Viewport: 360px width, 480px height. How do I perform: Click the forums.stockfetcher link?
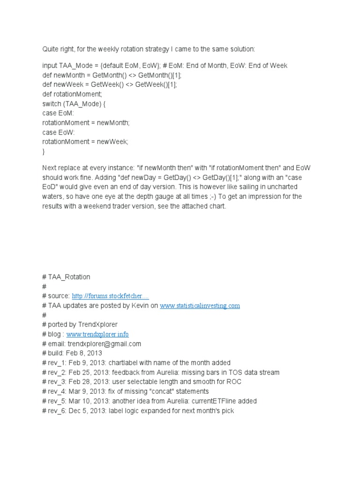pyautogui.click(x=111, y=296)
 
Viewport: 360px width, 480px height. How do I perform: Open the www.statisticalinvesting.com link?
pyautogui.click(x=200, y=305)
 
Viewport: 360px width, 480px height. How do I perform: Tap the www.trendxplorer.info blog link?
pyautogui.click(x=97, y=334)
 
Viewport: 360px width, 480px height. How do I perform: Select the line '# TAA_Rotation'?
pyautogui.click(x=66, y=277)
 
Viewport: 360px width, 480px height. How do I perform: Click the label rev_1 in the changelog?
pyautogui.click(x=56, y=363)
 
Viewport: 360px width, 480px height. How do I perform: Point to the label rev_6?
pyautogui.click(x=56, y=411)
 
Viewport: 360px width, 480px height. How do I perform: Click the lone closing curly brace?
pyautogui.click(x=44, y=151)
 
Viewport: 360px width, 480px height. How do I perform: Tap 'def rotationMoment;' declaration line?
pyautogui.click(x=75, y=94)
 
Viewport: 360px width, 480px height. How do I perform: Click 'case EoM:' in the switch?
pyautogui.click(x=58, y=113)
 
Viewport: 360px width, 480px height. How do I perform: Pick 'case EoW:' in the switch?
pyautogui.click(x=58, y=132)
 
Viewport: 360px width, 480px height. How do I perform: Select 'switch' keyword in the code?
pyautogui.click(x=52, y=104)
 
